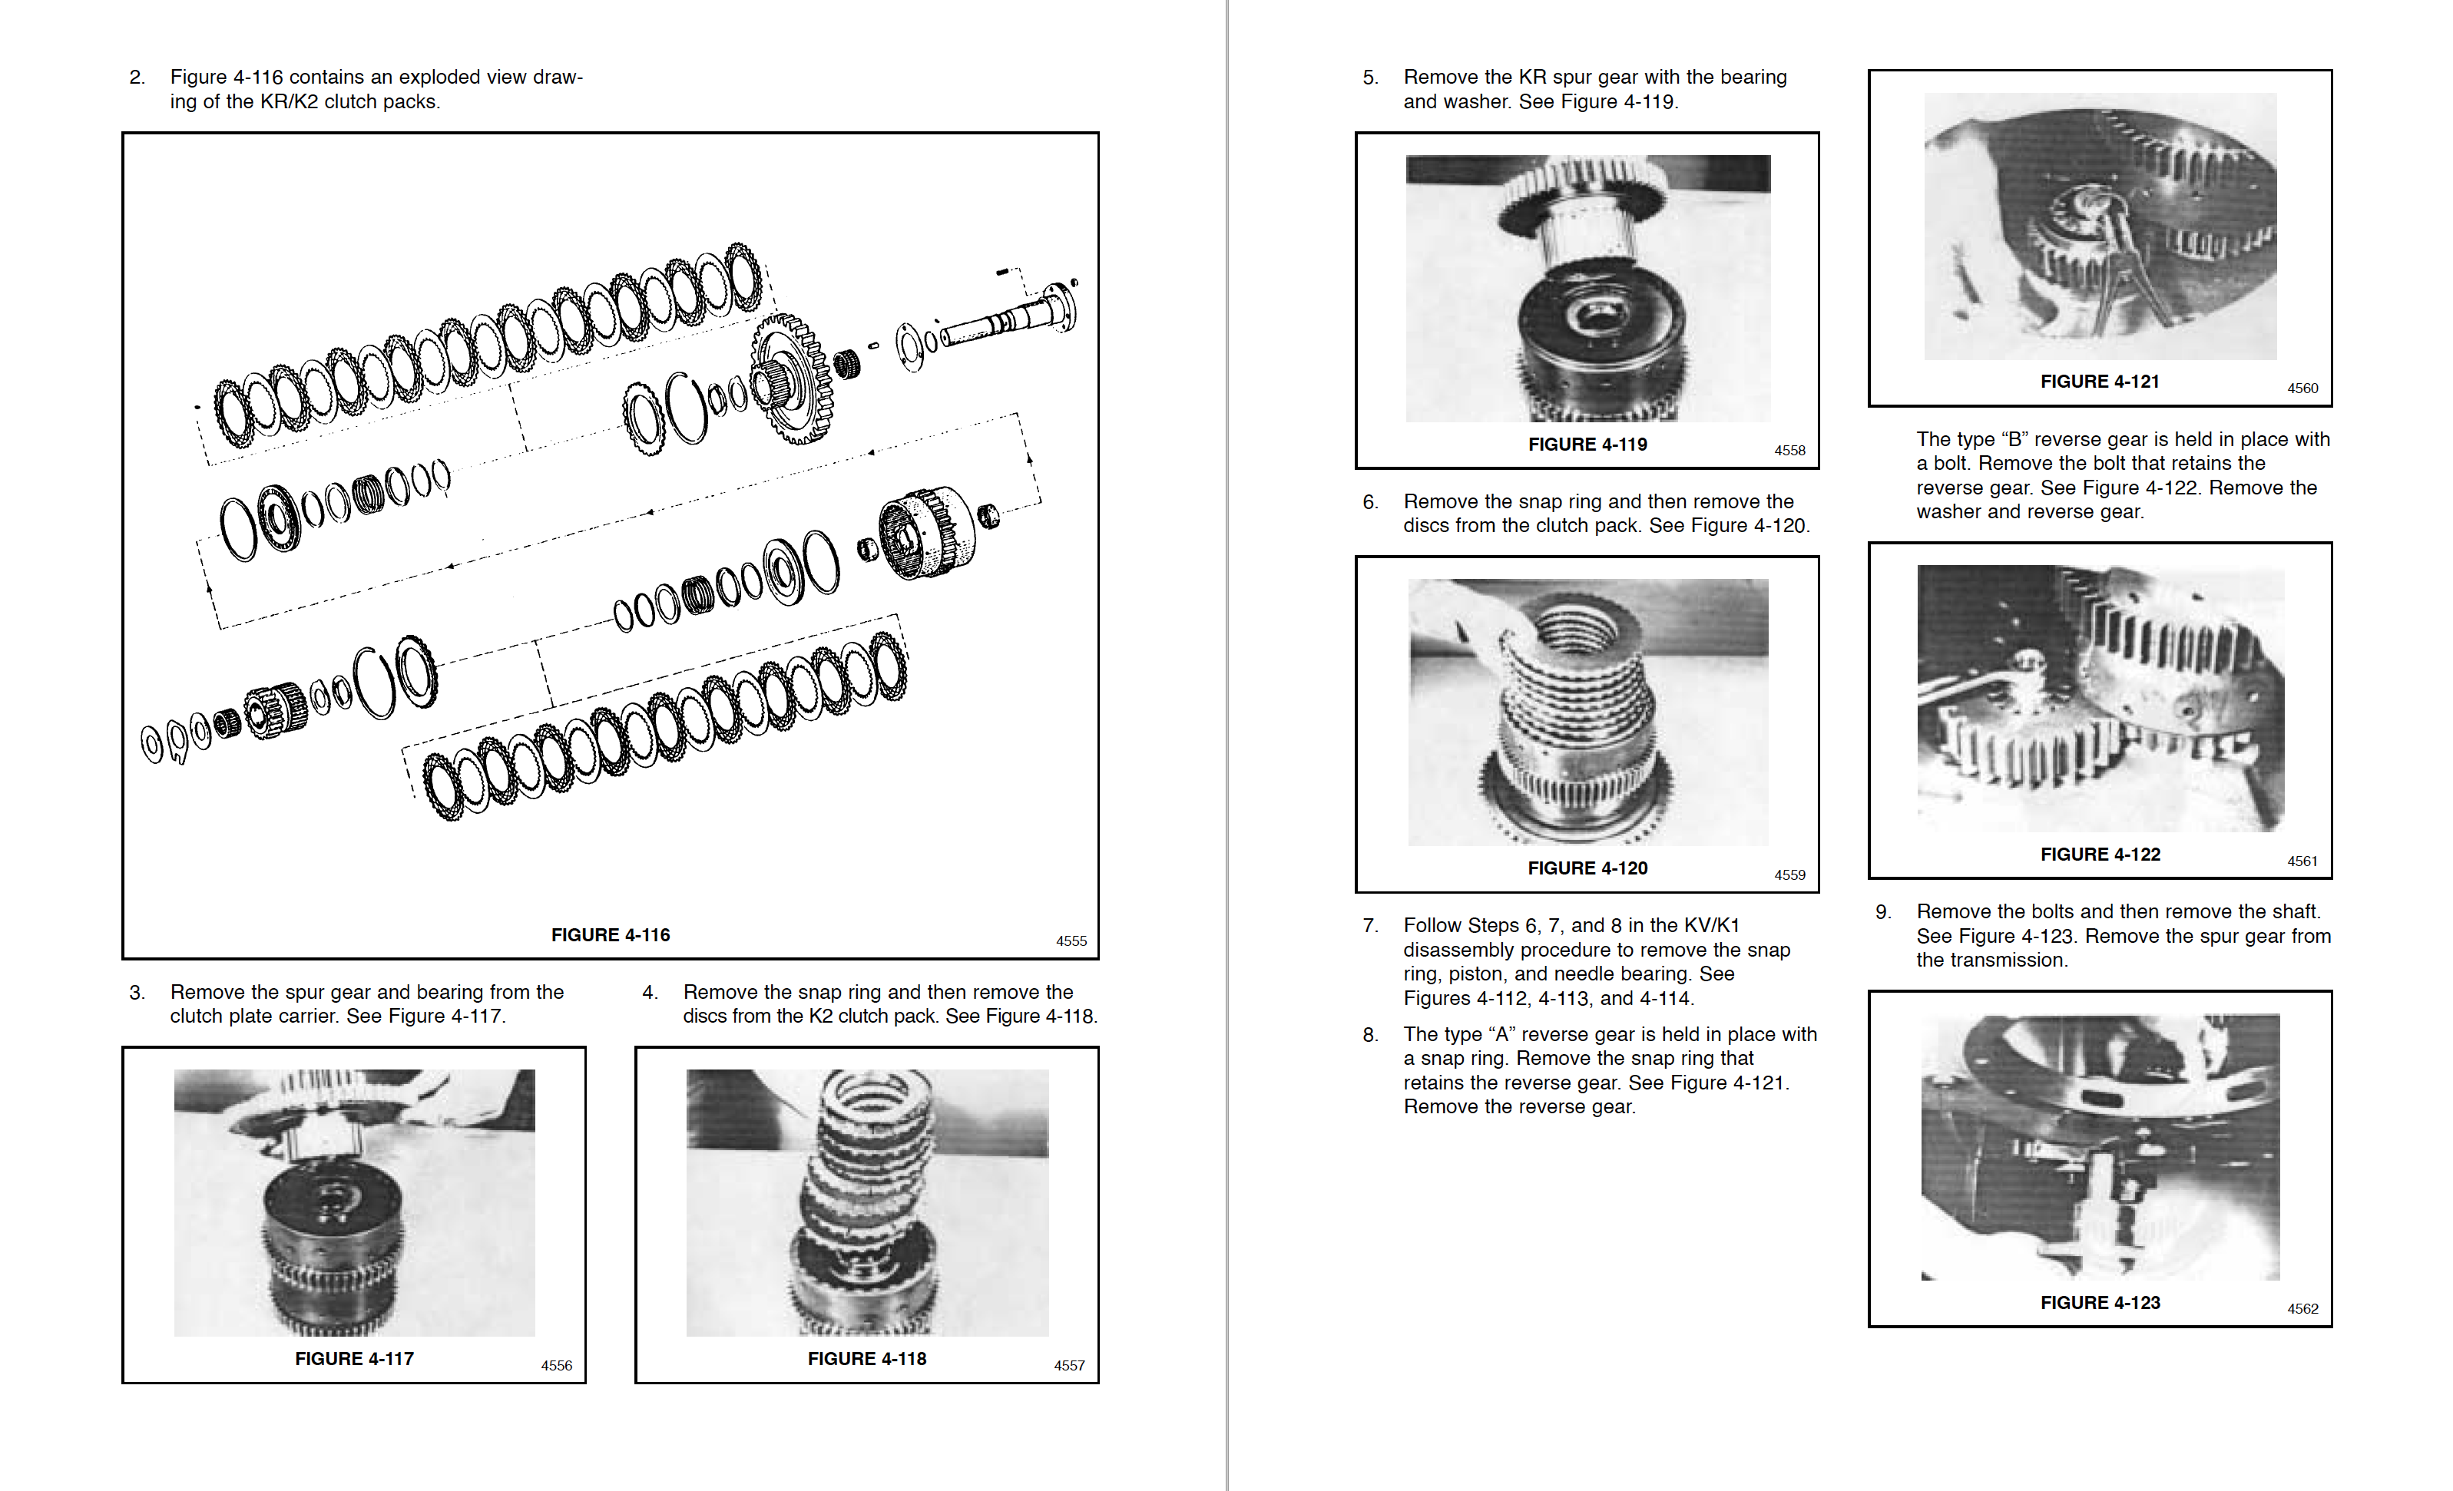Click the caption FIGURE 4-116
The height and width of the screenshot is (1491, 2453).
pyautogui.click(x=611, y=934)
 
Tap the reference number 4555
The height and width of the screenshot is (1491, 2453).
pyautogui.click(x=1071, y=941)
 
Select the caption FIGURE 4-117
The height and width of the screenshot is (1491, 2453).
pyautogui.click(x=353, y=1359)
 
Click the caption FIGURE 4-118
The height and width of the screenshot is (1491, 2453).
pyautogui.click(x=866, y=1359)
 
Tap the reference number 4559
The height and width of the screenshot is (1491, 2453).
pyautogui.click(x=1789, y=875)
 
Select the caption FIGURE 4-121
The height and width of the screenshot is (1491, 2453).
pyautogui.click(x=2100, y=382)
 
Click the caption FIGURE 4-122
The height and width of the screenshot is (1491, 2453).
pyautogui.click(x=2100, y=854)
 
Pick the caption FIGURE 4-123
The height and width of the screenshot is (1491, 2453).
pyautogui.click(x=2100, y=1302)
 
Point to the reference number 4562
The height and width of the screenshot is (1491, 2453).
pyautogui.click(x=2302, y=1309)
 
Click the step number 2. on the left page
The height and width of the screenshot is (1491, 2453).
pyautogui.click(x=137, y=77)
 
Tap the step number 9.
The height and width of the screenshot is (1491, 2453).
pyautogui.click(x=1882, y=911)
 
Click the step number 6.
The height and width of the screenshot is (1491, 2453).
pyautogui.click(x=1370, y=501)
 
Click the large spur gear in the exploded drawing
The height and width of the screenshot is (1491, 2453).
pyautogui.click(x=793, y=379)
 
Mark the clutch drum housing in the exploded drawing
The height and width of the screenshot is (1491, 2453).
pyautogui.click(x=926, y=533)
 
